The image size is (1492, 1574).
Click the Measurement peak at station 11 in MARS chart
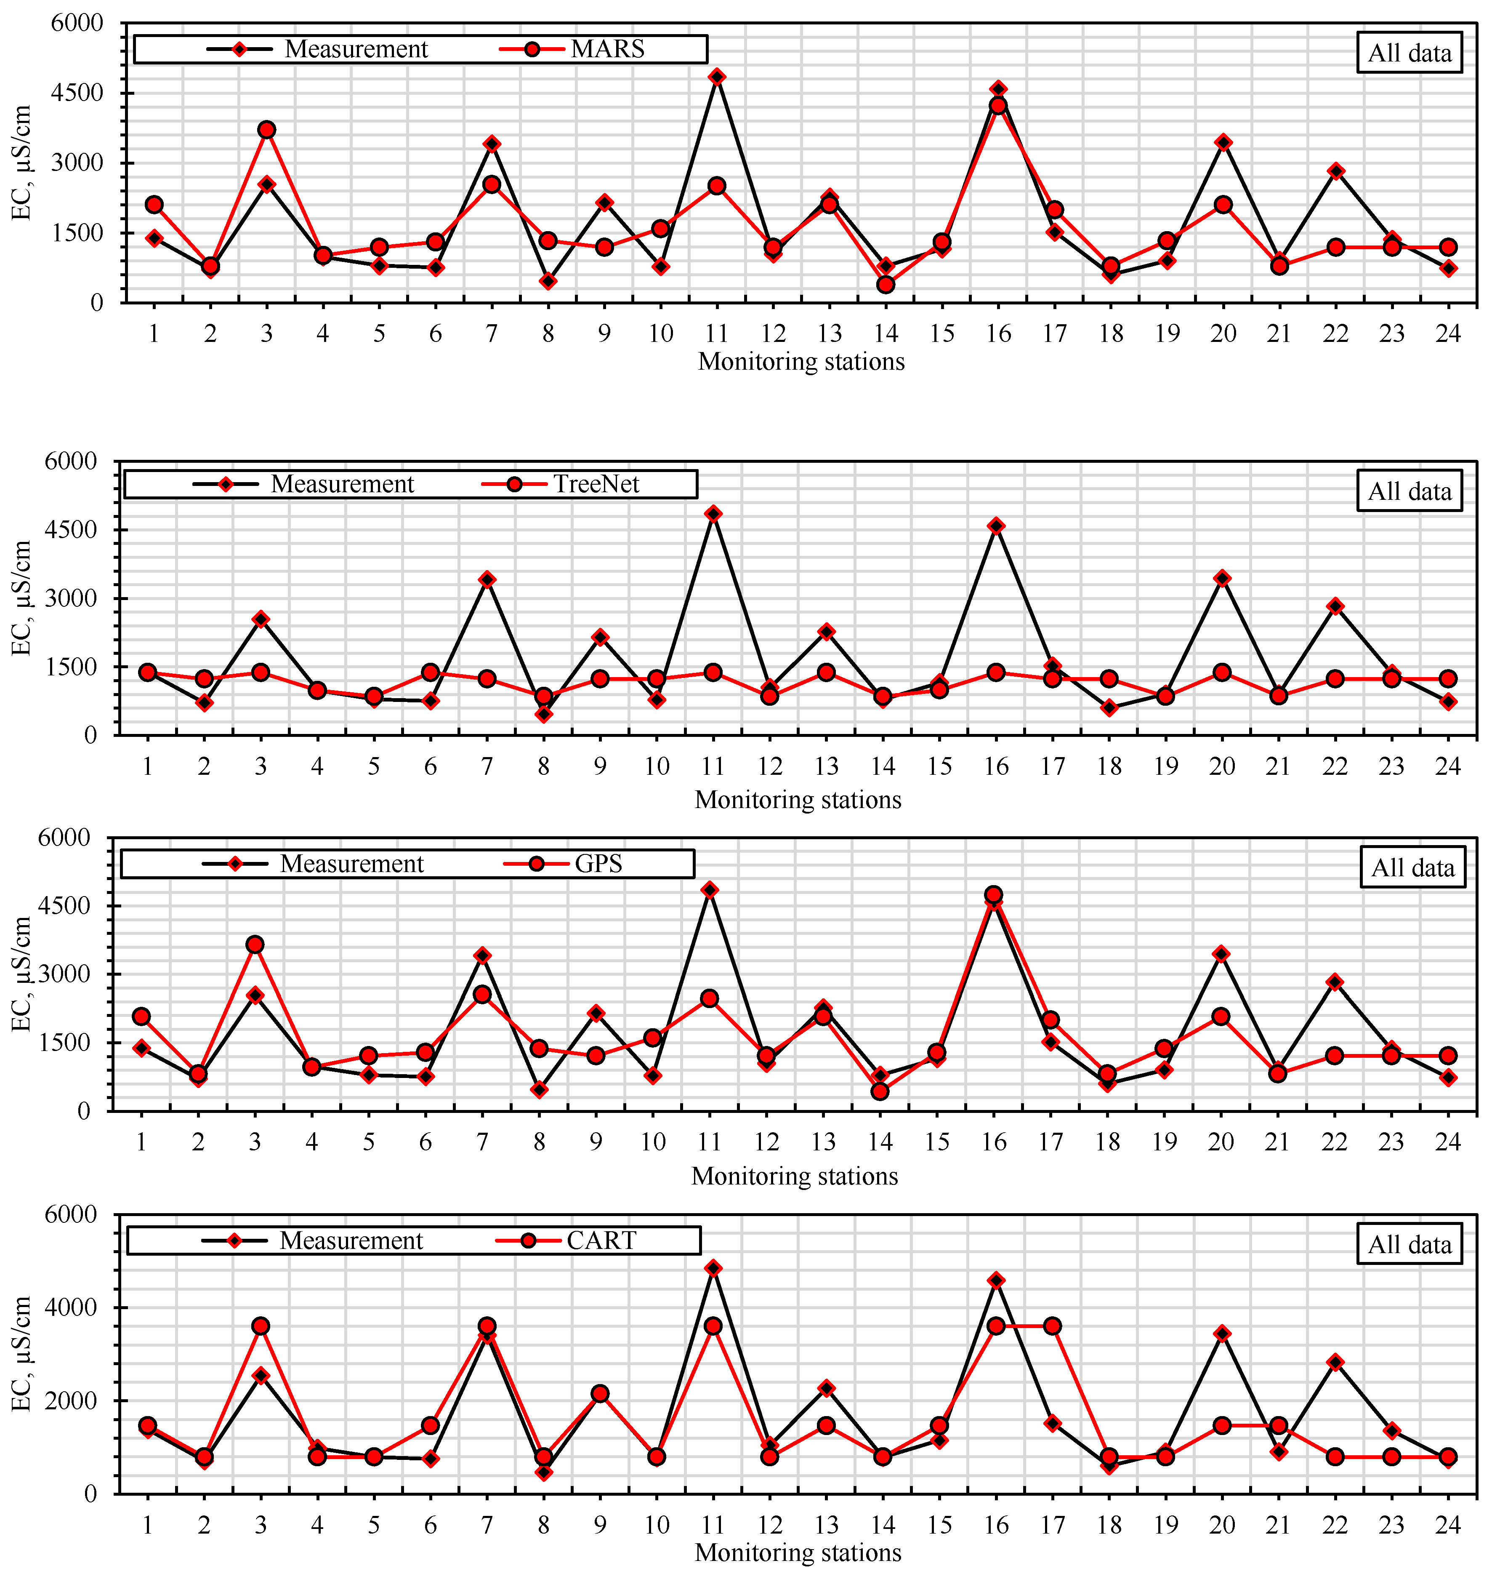[717, 76]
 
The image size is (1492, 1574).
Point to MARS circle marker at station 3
[266, 130]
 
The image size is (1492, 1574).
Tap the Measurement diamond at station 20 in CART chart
[1222, 1334]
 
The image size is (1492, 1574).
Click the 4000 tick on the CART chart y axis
[81, 1307]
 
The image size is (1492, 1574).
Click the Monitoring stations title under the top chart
[801, 362]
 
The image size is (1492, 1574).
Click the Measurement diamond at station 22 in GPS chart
[1335, 982]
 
